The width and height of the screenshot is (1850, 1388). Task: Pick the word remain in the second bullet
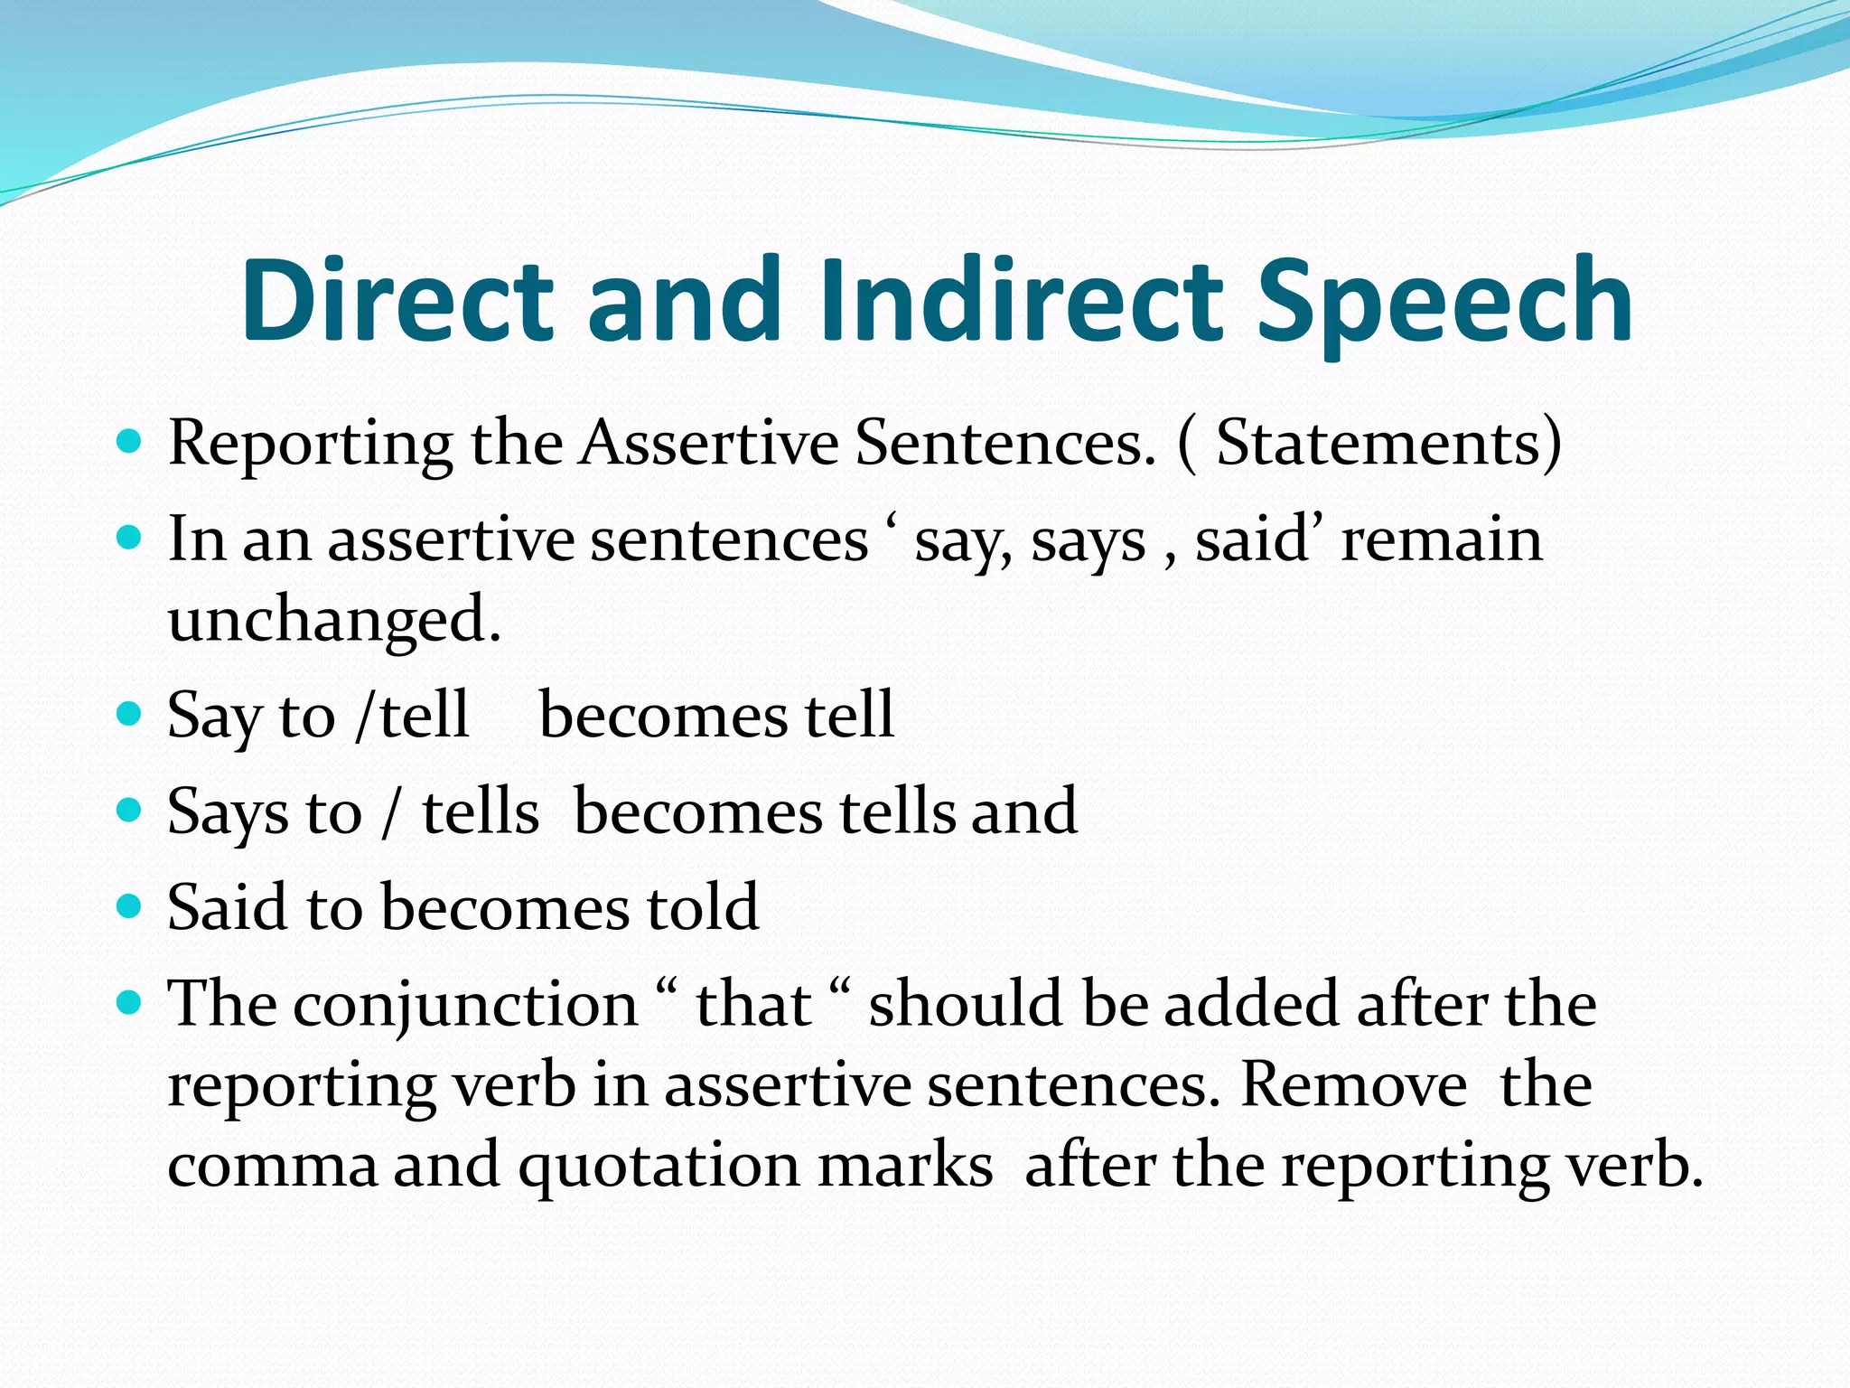(x=1442, y=539)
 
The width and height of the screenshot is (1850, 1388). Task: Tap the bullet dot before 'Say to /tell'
(x=130, y=714)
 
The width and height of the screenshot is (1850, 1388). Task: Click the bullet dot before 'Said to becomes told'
(x=130, y=905)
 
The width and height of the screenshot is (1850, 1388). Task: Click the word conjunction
(x=465, y=1005)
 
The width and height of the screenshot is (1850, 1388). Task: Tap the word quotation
(x=659, y=1166)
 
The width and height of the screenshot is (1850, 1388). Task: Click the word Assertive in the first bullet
(x=709, y=443)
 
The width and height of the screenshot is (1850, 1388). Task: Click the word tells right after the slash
(x=481, y=811)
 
